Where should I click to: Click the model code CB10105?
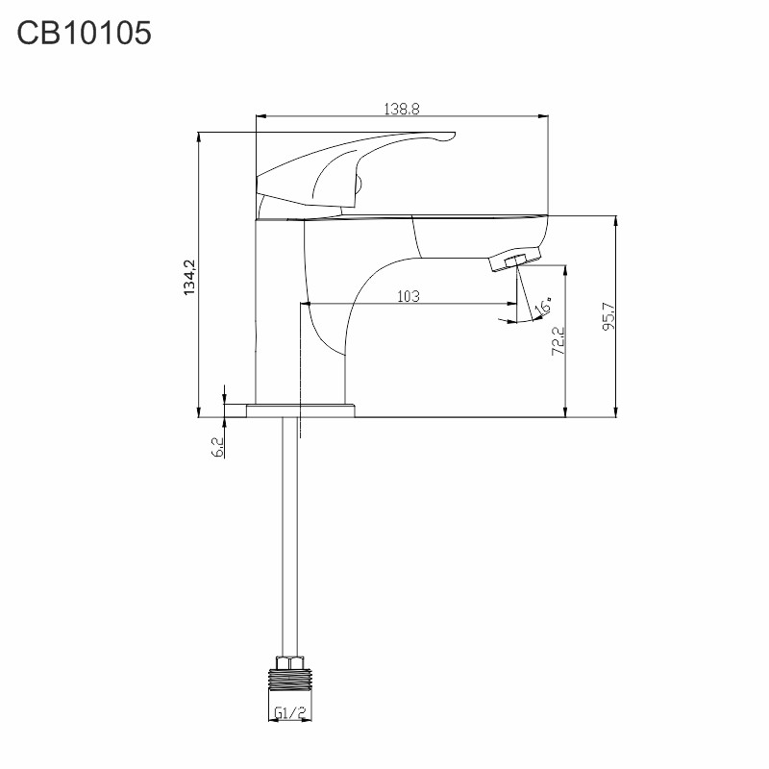point(84,34)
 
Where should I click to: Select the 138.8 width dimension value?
point(402,109)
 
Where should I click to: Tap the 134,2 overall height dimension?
point(189,277)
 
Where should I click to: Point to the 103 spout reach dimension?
point(409,296)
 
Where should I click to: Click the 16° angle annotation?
point(543,306)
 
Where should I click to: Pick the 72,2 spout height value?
point(558,341)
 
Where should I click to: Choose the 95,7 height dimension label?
point(608,316)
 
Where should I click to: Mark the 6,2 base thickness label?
point(218,447)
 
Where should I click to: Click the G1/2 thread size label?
point(291,712)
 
